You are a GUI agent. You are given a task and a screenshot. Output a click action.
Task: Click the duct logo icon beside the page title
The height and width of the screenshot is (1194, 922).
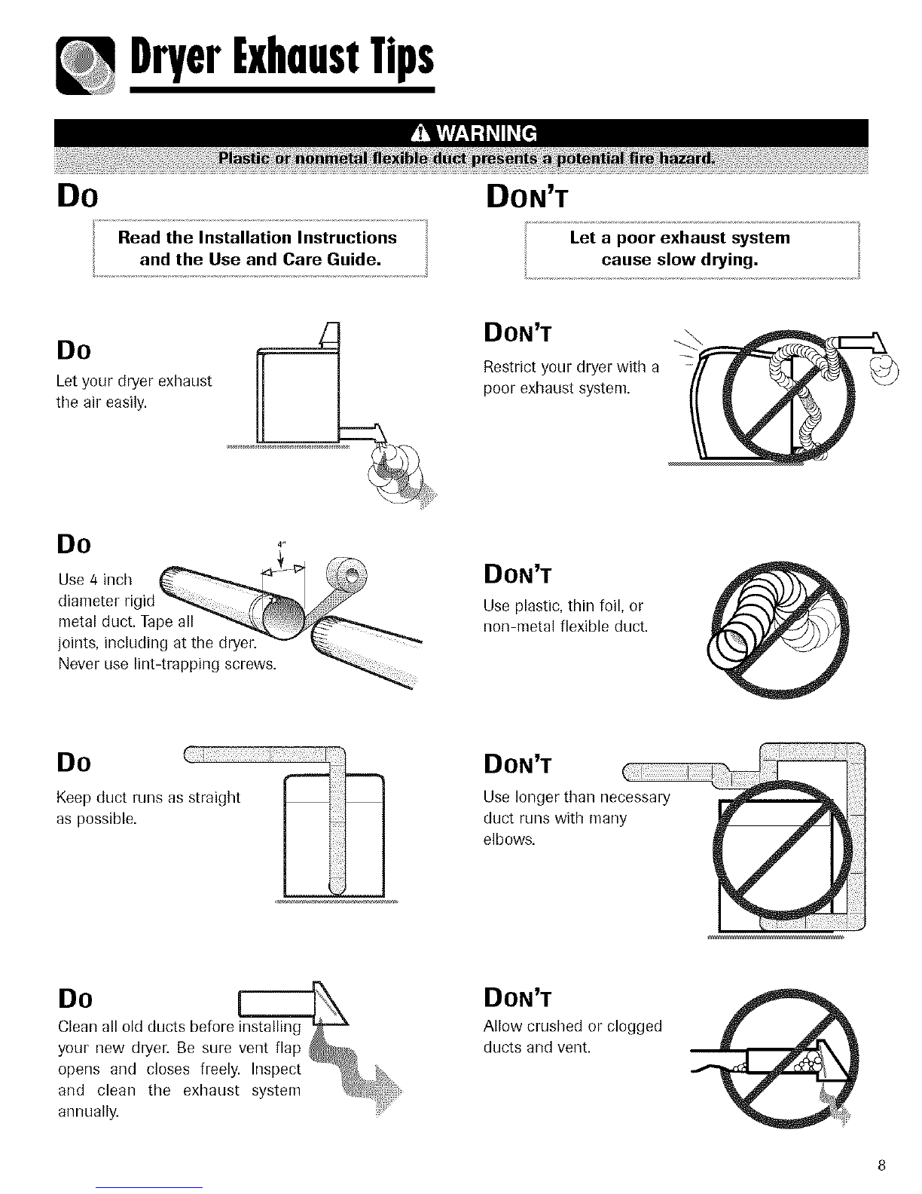(x=85, y=66)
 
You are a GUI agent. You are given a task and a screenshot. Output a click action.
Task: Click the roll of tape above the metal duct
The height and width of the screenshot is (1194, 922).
(x=347, y=574)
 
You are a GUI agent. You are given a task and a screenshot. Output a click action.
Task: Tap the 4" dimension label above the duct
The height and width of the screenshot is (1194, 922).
(x=282, y=544)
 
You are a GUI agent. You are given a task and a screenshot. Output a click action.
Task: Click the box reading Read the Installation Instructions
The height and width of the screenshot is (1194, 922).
(x=261, y=248)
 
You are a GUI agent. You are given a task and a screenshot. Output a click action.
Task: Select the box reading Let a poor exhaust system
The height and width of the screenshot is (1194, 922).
(x=692, y=250)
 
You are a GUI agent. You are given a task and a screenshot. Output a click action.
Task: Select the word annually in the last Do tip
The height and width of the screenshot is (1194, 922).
(x=88, y=1112)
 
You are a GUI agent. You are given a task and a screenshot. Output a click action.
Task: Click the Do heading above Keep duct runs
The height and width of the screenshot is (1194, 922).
(x=74, y=763)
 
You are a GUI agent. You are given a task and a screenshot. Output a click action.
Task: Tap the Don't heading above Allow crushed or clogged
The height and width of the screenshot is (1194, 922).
(x=517, y=998)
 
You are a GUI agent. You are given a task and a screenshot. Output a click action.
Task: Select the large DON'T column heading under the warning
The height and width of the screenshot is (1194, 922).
(x=527, y=197)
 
